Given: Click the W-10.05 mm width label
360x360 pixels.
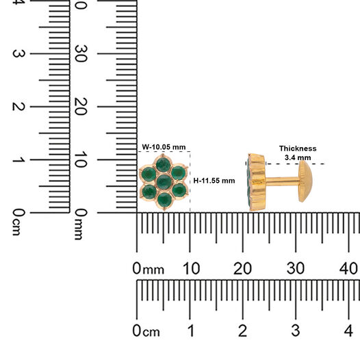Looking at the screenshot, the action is [x=164, y=147].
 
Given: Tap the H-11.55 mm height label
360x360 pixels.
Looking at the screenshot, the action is [x=214, y=181].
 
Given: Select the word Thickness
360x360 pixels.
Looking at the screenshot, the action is [x=298, y=149].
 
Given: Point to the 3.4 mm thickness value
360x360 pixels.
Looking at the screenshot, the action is [x=298, y=157].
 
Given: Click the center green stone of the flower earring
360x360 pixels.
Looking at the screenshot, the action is [x=164, y=181].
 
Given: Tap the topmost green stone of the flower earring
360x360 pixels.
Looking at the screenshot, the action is [x=163, y=164].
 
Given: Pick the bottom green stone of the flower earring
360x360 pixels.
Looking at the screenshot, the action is [x=164, y=199].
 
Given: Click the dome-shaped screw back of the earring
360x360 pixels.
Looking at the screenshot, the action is [x=305, y=181].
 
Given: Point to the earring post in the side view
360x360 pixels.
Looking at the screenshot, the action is [x=283, y=181].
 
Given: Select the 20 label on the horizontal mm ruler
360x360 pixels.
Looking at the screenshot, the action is [x=242, y=268].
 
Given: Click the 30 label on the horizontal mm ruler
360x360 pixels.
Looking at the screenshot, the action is [x=296, y=268].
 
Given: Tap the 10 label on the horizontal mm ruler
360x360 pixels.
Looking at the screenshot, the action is [x=191, y=268].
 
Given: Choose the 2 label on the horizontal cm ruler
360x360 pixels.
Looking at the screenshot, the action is [x=243, y=331].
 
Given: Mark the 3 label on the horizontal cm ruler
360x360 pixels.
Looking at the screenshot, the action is [x=296, y=331].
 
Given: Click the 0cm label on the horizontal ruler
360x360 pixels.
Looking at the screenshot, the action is [x=146, y=331].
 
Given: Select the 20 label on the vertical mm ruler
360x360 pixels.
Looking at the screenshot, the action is [x=81, y=107].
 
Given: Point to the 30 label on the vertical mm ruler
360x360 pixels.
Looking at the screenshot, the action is [x=81, y=53].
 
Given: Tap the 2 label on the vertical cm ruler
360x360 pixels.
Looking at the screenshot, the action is [x=18, y=107].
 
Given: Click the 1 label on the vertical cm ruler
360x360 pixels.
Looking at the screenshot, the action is [x=18, y=159].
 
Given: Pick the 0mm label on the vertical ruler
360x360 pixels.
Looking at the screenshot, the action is [x=81, y=224].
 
